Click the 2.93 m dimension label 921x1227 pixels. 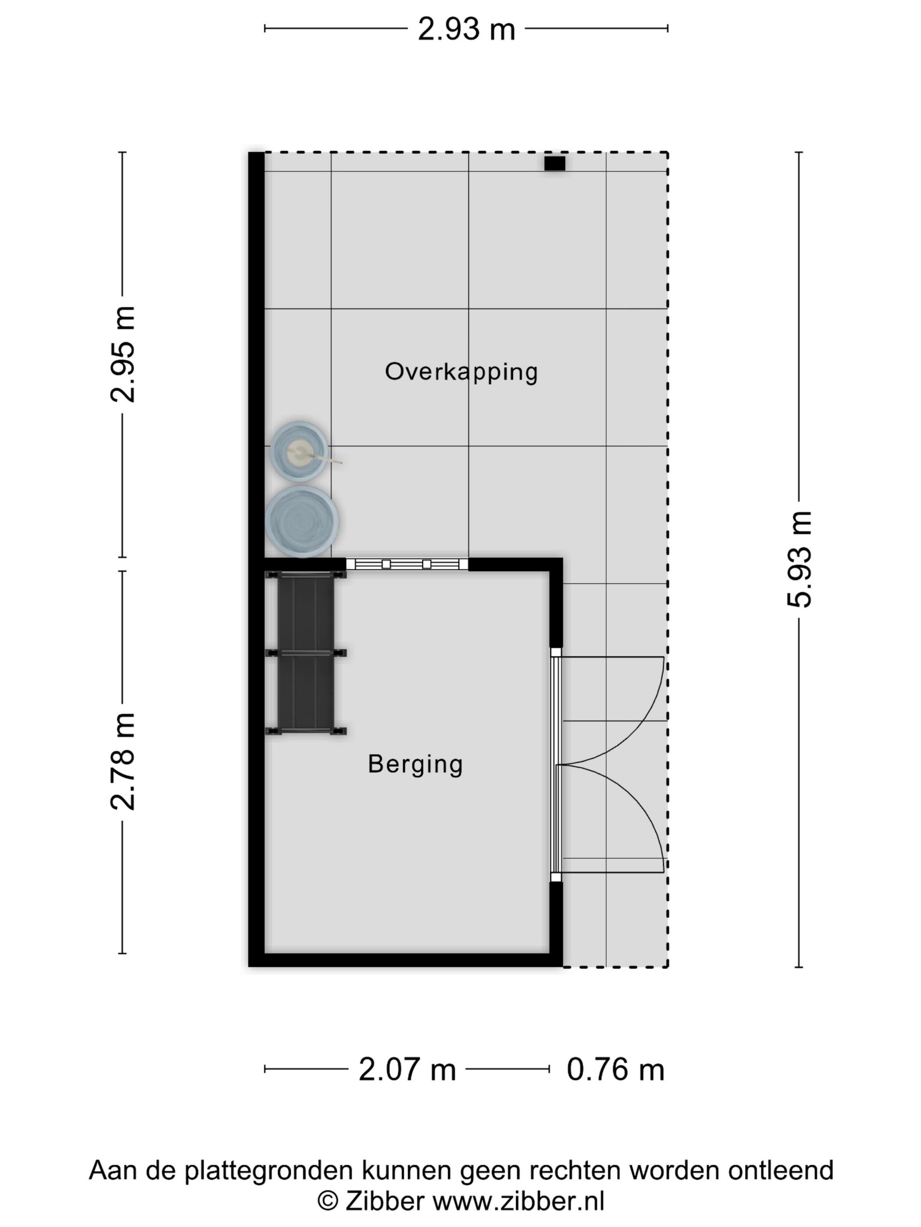[466, 29]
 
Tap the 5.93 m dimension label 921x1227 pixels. [800, 559]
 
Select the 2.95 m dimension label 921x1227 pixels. [122, 354]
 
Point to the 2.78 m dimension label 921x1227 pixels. [122, 761]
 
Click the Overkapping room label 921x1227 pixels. [461, 372]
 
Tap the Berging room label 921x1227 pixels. [415, 764]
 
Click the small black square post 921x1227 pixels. [554, 163]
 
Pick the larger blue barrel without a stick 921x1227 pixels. [301, 521]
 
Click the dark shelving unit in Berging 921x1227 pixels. [305, 653]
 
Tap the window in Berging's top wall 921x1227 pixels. [407, 564]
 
